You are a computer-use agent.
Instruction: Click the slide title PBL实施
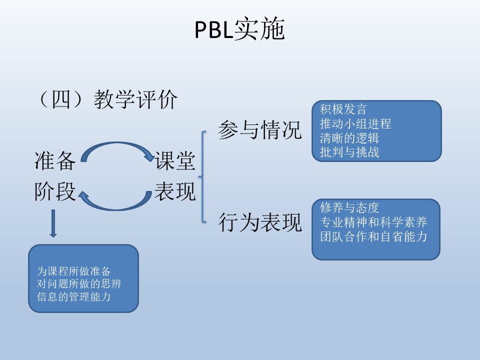tap(239, 30)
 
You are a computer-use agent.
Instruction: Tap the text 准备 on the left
tap(55, 161)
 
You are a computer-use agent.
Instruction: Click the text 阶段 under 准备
tap(55, 191)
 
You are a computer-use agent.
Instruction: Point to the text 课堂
tap(175, 161)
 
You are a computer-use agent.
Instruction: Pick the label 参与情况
tap(260, 131)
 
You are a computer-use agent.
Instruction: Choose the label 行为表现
tap(260, 222)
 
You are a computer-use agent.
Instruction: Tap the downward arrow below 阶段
tap(53, 224)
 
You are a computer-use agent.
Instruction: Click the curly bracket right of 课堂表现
tap(202, 176)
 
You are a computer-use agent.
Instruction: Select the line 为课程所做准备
tap(73, 271)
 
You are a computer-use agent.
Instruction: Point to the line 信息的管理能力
tap(73, 296)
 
